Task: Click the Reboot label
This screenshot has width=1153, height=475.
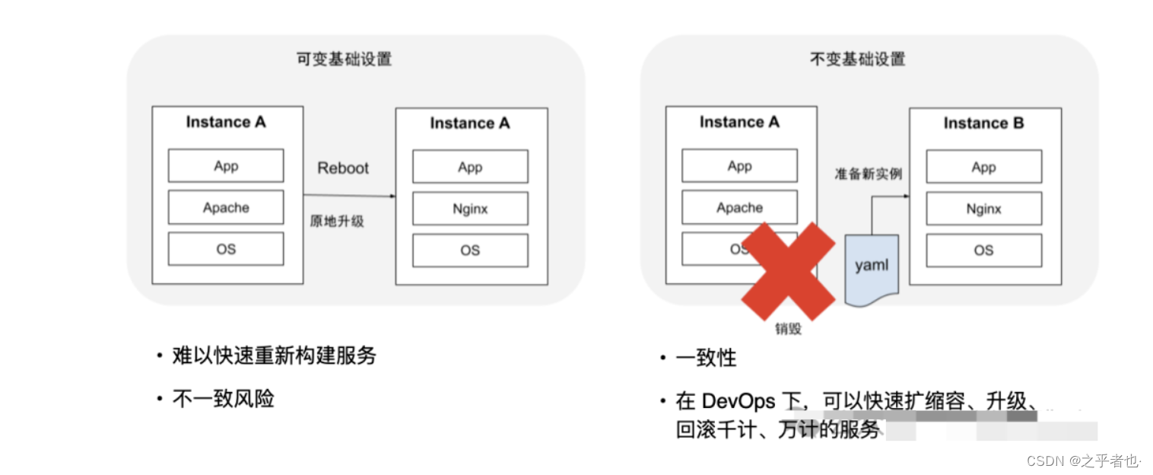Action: pos(342,168)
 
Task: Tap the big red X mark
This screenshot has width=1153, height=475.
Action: pos(788,272)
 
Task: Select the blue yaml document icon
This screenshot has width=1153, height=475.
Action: pos(871,269)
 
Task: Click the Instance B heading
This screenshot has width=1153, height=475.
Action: pos(983,123)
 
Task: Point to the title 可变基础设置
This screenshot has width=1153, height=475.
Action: pos(344,59)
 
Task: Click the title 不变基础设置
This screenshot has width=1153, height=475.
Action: pos(857,59)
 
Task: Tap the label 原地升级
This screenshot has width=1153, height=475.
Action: pos(337,222)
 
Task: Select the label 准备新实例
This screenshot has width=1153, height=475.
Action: pos(869,174)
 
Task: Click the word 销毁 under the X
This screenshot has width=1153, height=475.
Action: pos(789,330)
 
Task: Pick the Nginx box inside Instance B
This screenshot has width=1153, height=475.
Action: pos(983,209)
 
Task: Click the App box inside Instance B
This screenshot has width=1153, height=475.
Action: pos(983,167)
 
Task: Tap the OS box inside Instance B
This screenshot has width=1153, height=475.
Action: pos(983,250)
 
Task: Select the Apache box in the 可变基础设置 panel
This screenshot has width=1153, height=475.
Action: pos(226,208)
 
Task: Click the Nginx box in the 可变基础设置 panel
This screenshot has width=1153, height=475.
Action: pos(470,209)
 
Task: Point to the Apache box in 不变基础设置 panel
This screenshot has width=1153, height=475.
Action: pos(739,208)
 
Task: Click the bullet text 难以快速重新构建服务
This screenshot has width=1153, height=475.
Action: pos(274,355)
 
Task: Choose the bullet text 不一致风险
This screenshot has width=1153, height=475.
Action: pos(223,398)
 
